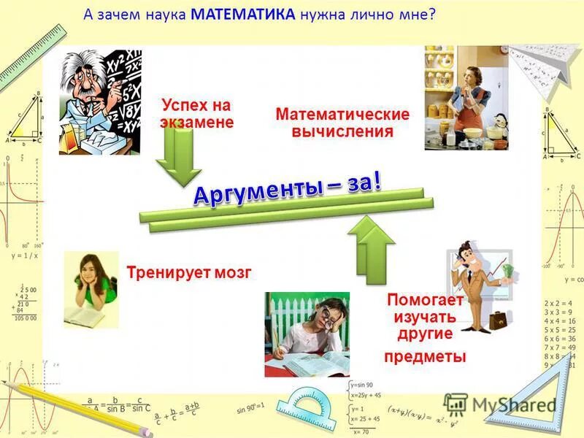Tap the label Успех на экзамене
coord(197,114)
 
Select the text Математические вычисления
coord(342,123)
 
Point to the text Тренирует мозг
coord(189,273)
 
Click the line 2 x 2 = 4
coord(559,302)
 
